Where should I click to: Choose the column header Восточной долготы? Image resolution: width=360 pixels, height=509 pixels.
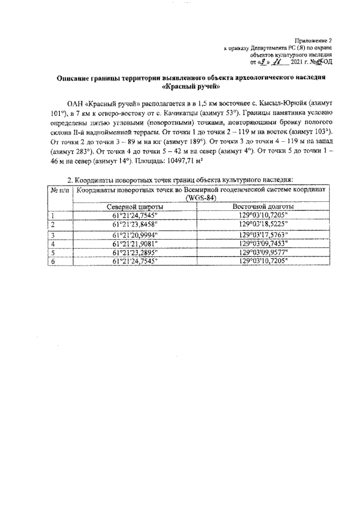[262, 206]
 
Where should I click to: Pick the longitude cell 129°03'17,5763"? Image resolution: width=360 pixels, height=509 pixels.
[262, 235]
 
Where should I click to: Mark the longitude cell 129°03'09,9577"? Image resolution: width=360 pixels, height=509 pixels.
[262, 253]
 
